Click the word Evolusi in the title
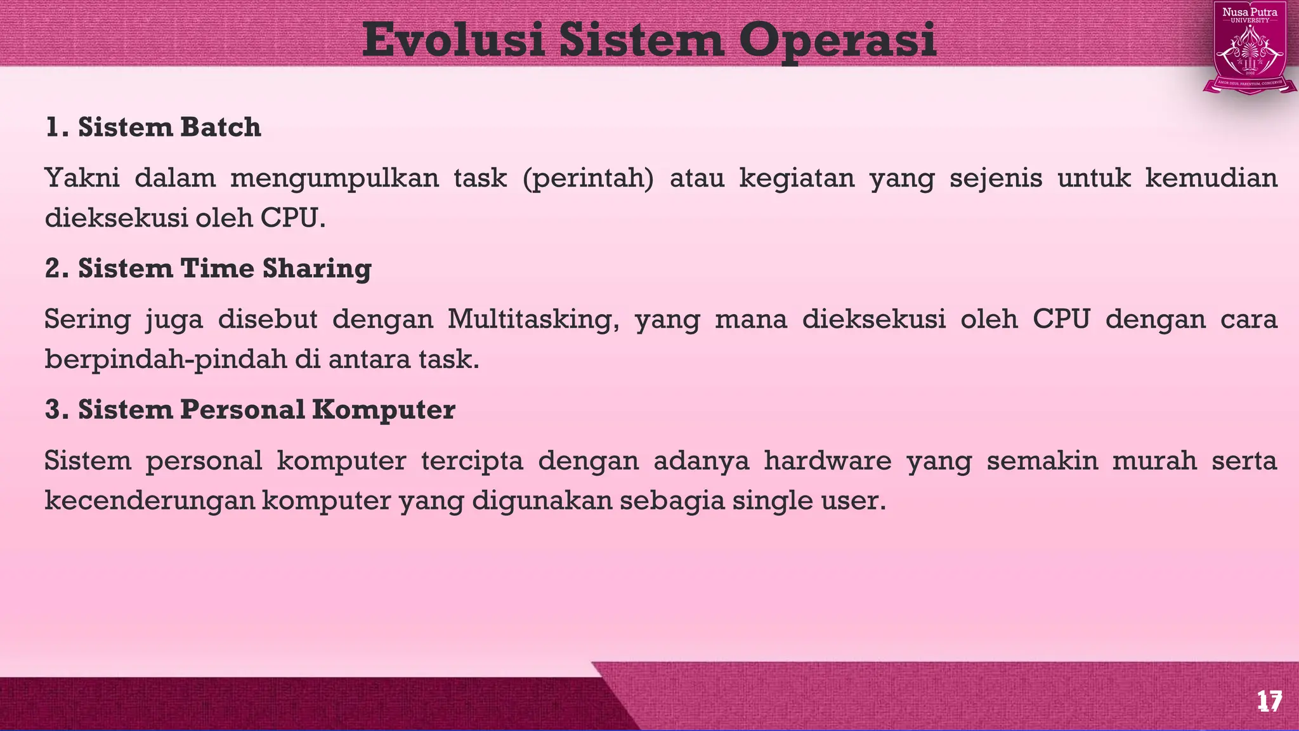(453, 39)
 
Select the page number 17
(1269, 702)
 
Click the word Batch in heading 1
(220, 128)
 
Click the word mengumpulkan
(334, 178)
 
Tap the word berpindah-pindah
(166, 359)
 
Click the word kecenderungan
(150, 501)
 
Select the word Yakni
(82, 178)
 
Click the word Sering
(87, 319)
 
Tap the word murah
(1154, 460)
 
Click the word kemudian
(1211, 178)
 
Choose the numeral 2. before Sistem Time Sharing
(57, 268)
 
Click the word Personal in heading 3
(242, 409)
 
